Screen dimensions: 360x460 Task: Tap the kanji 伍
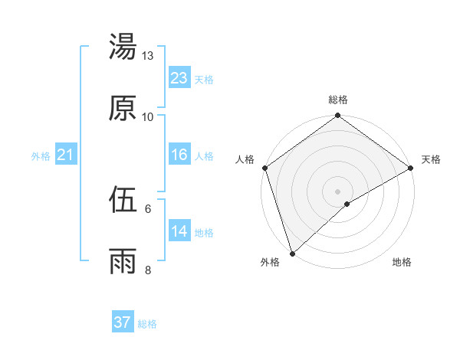click(123, 201)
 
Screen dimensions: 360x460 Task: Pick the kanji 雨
click(123, 262)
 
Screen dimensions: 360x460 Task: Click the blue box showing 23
click(179, 77)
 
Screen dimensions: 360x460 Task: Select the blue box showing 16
click(179, 155)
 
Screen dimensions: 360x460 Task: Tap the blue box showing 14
click(179, 231)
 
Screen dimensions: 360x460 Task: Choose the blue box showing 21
click(65, 155)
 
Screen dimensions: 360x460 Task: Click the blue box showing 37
click(123, 322)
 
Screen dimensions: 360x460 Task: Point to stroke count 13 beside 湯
click(148, 56)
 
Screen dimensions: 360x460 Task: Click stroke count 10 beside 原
click(148, 117)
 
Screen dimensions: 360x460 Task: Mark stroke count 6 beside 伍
click(148, 208)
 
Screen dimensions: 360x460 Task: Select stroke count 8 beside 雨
click(148, 270)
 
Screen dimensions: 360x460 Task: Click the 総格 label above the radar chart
click(338, 100)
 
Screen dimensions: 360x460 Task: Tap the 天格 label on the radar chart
click(431, 159)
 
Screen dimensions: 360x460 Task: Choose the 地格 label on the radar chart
click(402, 262)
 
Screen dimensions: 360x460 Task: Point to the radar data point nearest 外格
click(292, 253)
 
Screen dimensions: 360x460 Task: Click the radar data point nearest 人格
click(264, 168)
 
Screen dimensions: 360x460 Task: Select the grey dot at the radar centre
click(337, 190)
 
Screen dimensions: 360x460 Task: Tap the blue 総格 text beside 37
click(147, 324)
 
